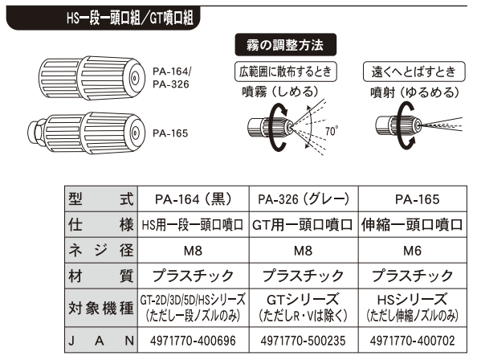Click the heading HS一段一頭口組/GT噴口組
(x=130, y=18)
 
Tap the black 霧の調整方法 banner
(x=285, y=45)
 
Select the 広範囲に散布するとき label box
(x=285, y=72)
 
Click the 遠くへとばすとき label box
(x=414, y=72)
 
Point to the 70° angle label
(x=332, y=131)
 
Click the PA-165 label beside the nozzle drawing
(x=170, y=133)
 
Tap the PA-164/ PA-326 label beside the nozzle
(x=172, y=78)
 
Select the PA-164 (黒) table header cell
(x=194, y=199)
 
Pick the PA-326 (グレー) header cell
(x=304, y=199)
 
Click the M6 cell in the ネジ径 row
(x=412, y=251)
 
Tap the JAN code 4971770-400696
(x=193, y=341)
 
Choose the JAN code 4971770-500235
(x=303, y=341)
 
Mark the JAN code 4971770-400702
(x=413, y=341)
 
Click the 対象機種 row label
(x=101, y=308)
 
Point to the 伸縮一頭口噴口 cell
(x=412, y=225)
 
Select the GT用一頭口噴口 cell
(x=303, y=225)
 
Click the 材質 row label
(x=101, y=276)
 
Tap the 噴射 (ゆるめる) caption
(x=415, y=92)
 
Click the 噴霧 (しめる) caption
(x=280, y=92)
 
